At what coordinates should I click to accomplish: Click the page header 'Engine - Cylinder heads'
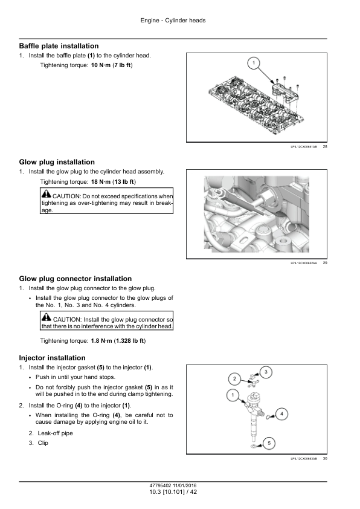click(x=173, y=21)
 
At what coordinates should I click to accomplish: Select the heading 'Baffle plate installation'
click(x=59, y=46)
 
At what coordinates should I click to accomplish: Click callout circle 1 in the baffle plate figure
click(x=254, y=63)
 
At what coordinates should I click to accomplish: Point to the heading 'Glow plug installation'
click(x=57, y=162)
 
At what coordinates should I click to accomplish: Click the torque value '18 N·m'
click(x=100, y=182)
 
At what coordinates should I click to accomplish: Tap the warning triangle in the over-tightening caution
click(x=47, y=194)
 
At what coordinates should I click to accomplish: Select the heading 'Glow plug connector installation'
click(x=76, y=279)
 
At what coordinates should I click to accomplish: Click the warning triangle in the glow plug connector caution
click(x=47, y=317)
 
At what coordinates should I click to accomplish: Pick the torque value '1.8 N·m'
click(x=101, y=341)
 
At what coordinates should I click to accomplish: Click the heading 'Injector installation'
click(x=52, y=358)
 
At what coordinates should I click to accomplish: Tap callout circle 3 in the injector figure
click(x=266, y=372)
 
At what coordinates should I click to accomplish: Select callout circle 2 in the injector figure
click(x=234, y=379)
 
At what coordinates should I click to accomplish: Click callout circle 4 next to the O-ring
click(x=281, y=414)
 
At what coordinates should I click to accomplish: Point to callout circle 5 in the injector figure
click(x=269, y=443)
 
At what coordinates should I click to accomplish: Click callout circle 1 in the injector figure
click(x=233, y=395)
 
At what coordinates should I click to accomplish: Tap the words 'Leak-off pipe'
click(x=55, y=433)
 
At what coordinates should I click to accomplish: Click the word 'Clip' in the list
click(x=43, y=443)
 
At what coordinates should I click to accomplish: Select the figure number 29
click(x=325, y=263)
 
